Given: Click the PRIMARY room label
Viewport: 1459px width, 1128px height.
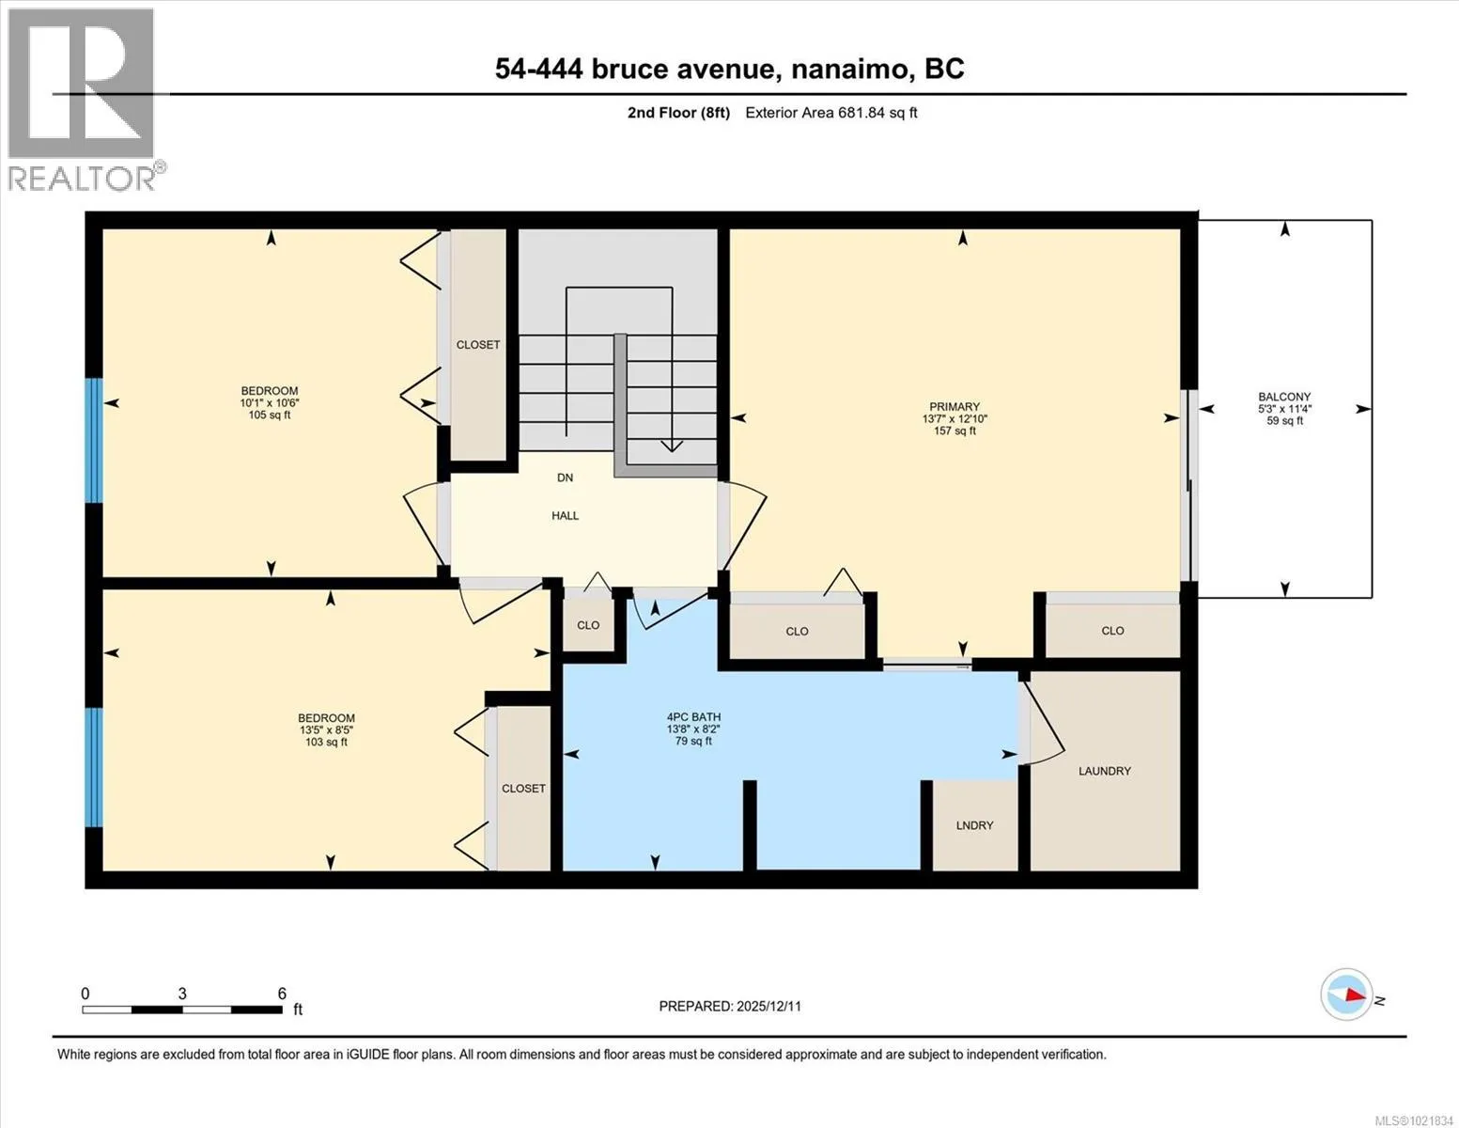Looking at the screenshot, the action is pyautogui.click(x=955, y=406).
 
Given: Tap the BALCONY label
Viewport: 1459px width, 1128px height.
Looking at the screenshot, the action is pyautogui.click(x=1284, y=397).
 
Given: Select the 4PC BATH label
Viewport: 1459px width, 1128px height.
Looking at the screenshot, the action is pyautogui.click(x=693, y=717).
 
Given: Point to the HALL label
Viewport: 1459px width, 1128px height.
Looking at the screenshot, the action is pyautogui.click(x=565, y=515).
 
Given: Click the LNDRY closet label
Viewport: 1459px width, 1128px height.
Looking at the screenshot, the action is pyautogui.click(x=974, y=825).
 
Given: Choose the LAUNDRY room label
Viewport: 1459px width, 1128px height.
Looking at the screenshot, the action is pyautogui.click(x=1105, y=771).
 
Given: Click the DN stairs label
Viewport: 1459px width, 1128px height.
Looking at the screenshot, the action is pyautogui.click(x=565, y=478).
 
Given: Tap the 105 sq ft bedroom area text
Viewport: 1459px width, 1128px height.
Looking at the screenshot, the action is pyautogui.click(x=270, y=415).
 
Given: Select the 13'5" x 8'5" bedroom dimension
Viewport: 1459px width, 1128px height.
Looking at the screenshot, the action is pyautogui.click(x=326, y=729).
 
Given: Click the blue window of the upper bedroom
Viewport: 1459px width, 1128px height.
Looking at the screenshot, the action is pyautogui.click(x=94, y=440).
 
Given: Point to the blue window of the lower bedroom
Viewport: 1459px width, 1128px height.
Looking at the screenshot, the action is pyautogui.click(x=94, y=767).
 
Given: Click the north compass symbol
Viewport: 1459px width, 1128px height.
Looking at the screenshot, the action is pyautogui.click(x=1346, y=995).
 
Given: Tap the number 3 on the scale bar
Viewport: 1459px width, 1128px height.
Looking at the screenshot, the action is pyautogui.click(x=182, y=994).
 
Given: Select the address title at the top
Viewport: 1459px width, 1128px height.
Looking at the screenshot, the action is pyautogui.click(x=730, y=69).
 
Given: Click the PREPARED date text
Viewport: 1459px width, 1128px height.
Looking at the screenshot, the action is pyautogui.click(x=730, y=1006).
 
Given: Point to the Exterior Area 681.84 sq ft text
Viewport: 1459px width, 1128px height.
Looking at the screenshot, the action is pyautogui.click(x=831, y=112).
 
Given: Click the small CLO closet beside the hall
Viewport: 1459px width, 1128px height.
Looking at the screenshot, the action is pyautogui.click(x=588, y=625).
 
